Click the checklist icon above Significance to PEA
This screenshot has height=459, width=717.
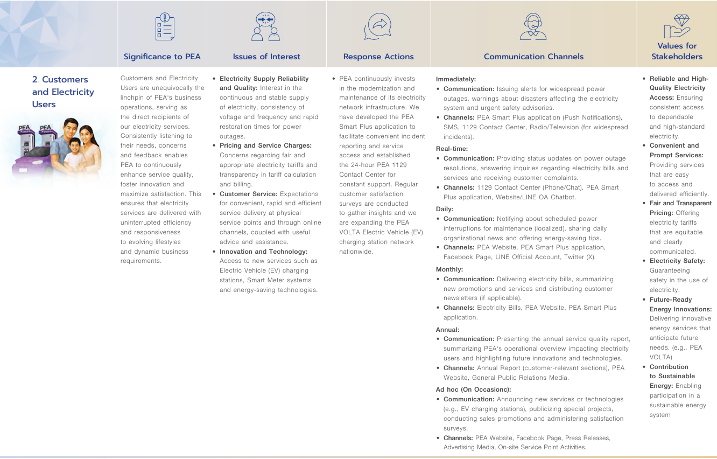tap(165, 26)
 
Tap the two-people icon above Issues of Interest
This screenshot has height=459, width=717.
tap(266, 26)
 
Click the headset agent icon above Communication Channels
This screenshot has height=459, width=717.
tap(533, 26)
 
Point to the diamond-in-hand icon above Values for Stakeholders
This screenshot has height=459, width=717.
tap(677, 25)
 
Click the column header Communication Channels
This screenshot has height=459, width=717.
tap(533, 57)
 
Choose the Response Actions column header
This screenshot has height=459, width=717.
tap(378, 57)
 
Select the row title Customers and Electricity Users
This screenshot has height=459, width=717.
tap(63, 92)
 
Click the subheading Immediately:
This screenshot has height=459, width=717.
tap(456, 79)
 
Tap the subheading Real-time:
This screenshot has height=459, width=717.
tap(452, 149)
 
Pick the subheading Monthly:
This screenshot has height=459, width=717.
tap(449, 269)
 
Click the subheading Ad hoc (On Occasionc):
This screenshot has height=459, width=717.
tap(473, 390)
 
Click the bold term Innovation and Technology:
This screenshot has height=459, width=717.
tap(263, 252)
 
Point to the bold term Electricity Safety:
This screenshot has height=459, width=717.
tap(677, 261)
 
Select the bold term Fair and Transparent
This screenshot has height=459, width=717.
tap(680, 203)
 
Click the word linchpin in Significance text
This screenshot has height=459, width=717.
tap(134, 98)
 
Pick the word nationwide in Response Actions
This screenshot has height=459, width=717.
tap(356, 252)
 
